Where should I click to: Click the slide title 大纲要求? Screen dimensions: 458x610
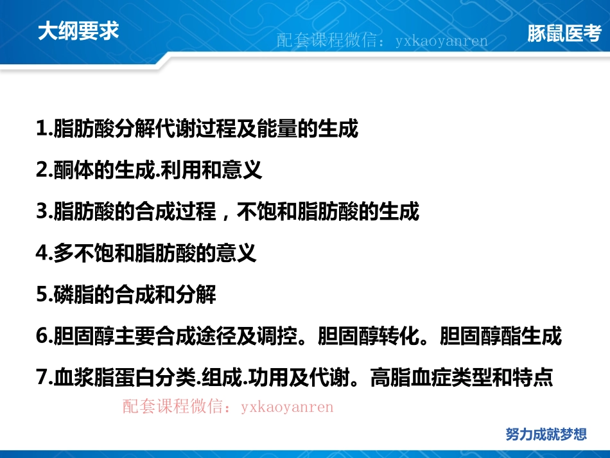point(78,32)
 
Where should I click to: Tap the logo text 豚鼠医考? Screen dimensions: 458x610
point(564,33)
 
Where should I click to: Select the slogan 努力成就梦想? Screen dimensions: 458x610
point(546,434)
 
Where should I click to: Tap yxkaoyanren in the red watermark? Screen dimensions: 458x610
point(288,406)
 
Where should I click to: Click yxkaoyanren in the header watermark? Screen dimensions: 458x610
point(442,41)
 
